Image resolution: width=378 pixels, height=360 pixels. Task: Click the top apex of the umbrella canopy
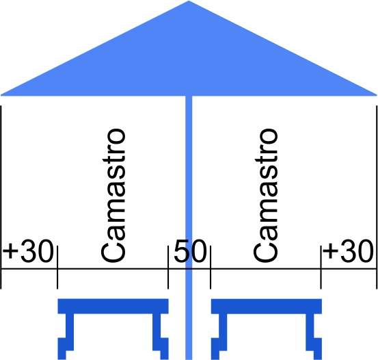pos(189,1)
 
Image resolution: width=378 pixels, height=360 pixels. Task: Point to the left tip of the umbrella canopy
pos(1,95)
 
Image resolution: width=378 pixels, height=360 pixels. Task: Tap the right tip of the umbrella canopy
pos(377,95)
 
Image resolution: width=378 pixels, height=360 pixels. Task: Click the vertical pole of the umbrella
pos(189,227)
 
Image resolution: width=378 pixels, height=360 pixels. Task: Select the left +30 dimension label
pos(28,251)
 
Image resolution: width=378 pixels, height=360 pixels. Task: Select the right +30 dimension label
pos(348,251)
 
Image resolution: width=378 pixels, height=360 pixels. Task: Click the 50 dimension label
pos(190,251)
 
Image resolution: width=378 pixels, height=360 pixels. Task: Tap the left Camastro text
pos(113,195)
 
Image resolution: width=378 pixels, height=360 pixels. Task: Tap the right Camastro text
pos(266,195)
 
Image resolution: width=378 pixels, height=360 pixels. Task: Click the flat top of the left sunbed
pos(113,306)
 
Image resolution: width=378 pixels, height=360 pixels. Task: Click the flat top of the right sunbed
pos(267,306)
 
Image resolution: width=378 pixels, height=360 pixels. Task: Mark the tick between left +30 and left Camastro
pos(57,268)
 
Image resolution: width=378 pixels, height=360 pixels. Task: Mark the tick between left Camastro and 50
pos(168,268)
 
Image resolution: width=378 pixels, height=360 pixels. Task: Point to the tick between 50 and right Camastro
pos(211,268)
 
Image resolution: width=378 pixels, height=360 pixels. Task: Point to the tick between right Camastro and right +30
pos(321,268)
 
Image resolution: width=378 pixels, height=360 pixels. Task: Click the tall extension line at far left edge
pos(1,197)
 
